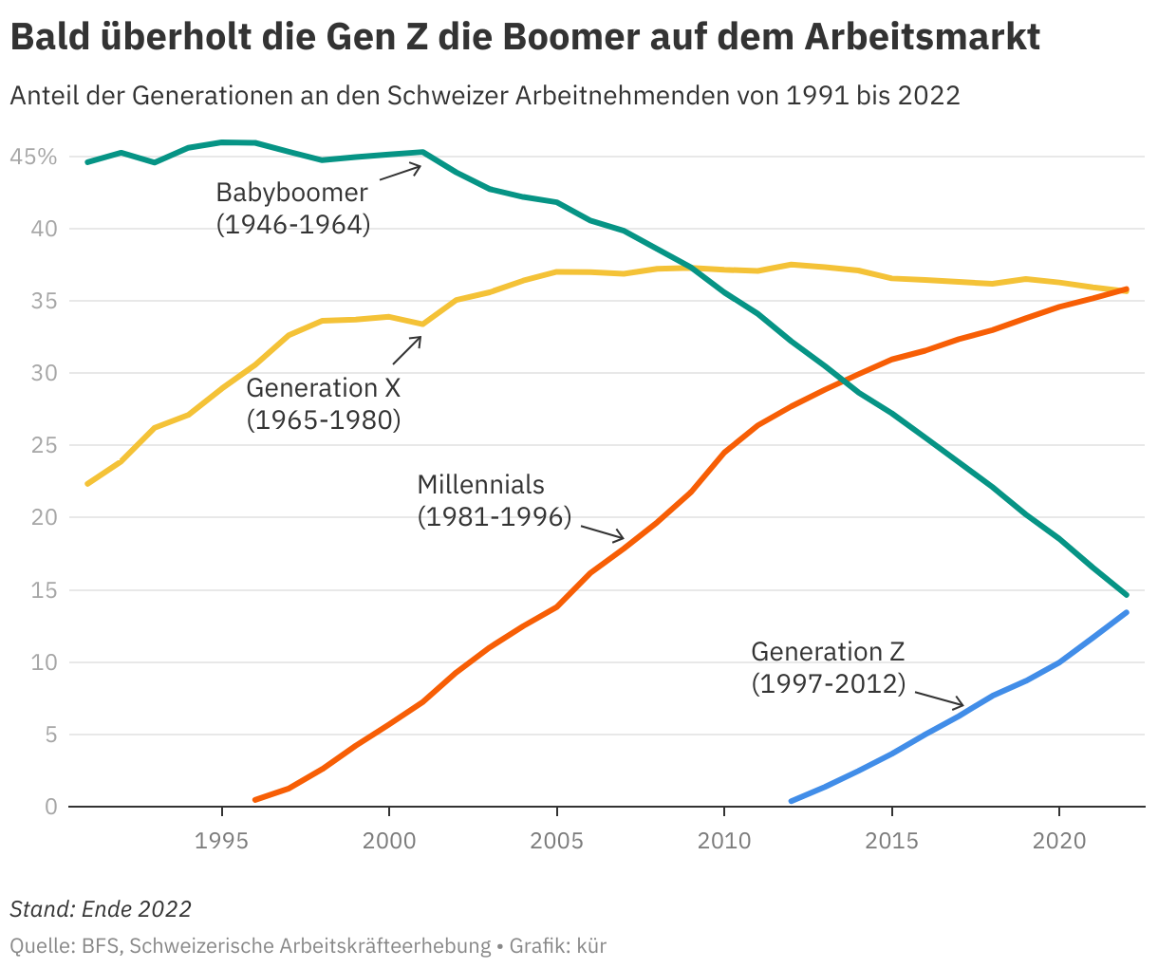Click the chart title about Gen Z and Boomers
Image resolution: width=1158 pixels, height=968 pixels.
[524, 38]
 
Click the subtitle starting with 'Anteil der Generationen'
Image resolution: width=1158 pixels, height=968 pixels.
[484, 96]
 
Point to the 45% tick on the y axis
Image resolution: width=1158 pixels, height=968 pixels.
[33, 157]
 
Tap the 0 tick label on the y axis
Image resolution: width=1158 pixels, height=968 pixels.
[51, 807]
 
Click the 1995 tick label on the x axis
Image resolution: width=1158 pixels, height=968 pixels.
[222, 840]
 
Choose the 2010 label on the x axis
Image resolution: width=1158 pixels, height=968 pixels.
[723, 840]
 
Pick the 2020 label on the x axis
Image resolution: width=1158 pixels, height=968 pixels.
[1058, 840]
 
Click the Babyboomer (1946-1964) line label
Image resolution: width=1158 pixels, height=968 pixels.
[292, 209]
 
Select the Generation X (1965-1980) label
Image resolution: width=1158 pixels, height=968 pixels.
[323, 403]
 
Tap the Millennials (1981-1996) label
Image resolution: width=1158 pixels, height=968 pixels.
[494, 500]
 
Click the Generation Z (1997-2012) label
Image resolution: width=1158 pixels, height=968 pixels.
[828, 667]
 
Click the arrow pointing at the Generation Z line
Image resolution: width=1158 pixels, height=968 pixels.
[940, 699]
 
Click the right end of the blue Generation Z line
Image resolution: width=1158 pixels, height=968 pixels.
[1126, 613]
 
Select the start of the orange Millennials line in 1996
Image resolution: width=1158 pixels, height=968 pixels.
[255, 799]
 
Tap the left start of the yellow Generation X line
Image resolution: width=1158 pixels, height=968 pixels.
[88, 483]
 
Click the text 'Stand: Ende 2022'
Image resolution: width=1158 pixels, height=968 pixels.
[101, 909]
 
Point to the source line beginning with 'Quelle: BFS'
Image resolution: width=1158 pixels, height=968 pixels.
[308, 946]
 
